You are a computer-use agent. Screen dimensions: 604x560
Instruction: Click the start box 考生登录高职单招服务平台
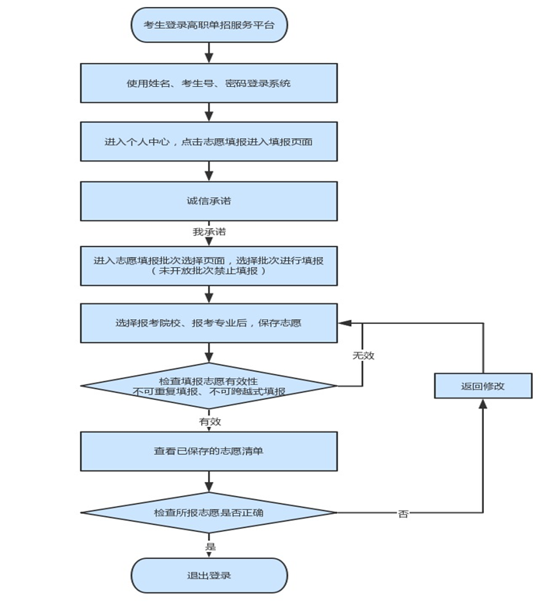point(209,25)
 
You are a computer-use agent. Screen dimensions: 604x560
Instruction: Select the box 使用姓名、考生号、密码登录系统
point(209,83)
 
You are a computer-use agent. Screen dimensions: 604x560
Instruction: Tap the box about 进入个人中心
point(209,142)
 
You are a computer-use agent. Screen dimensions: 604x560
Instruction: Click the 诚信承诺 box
point(209,201)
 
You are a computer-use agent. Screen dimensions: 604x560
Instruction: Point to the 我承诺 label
point(209,231)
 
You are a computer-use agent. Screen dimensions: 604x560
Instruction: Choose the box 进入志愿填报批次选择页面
point(209,261)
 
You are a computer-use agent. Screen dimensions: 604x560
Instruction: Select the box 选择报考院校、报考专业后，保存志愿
point(209,323)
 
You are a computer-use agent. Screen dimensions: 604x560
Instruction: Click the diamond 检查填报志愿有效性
point(209,386)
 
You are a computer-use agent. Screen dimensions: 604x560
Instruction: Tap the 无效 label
point(363,355)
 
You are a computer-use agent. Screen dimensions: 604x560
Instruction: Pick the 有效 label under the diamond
point(210,421)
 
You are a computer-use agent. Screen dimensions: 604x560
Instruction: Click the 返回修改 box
point(482,386)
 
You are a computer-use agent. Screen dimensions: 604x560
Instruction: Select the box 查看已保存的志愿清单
point(209,451)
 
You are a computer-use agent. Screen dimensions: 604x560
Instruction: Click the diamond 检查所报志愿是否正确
point(209,512)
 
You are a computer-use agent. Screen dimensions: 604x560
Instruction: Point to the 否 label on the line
point(403,513)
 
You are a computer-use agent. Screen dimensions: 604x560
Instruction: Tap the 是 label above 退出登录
point(210,547)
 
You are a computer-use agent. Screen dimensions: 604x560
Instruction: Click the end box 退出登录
point(209,576)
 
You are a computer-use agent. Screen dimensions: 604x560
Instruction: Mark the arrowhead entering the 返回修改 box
point(482,404)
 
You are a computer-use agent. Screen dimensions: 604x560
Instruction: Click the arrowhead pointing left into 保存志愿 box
point(343,323)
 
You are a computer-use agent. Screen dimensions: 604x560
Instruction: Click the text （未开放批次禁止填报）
point(209,271)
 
